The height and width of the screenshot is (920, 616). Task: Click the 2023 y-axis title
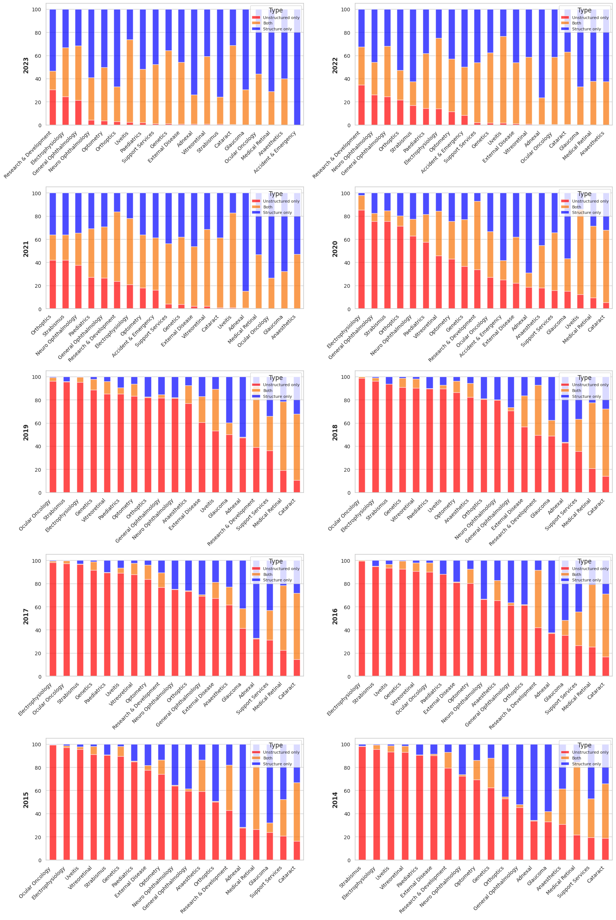(x=26, y=65)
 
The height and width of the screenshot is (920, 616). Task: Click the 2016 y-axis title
(x=335, y=616)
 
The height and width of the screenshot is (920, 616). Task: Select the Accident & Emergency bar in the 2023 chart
(x=297, y=67)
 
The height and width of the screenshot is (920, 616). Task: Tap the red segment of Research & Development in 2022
(x=361, y=105)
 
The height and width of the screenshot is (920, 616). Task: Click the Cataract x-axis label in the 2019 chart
(x=288, y=508)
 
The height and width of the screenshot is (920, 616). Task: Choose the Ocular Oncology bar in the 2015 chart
(x=53, y=802)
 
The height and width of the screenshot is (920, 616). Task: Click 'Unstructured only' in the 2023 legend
(x=281, y=18)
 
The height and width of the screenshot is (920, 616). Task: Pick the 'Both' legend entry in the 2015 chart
(x=267, y=758)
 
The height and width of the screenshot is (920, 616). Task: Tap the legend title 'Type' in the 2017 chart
(x=275, y=561)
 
